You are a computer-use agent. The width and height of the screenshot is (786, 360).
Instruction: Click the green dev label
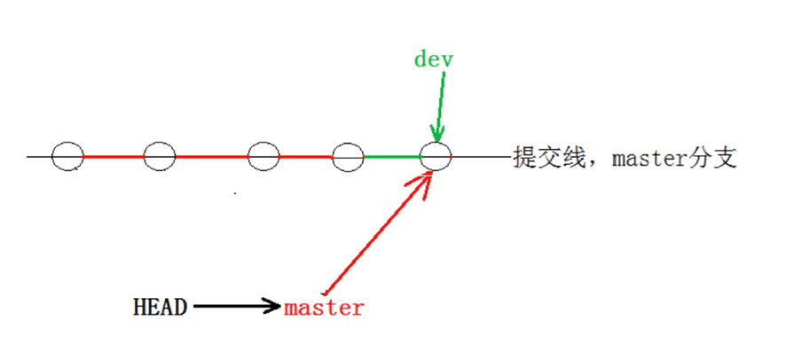[433, 59]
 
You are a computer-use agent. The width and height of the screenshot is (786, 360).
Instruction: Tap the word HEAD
[160, 308]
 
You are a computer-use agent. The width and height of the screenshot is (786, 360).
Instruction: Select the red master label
[324, 309]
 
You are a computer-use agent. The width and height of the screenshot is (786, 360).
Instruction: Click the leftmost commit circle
[67, 157]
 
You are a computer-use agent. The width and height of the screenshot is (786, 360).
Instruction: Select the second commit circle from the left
[160, 157]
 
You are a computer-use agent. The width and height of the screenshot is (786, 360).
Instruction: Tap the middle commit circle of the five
[263, 157]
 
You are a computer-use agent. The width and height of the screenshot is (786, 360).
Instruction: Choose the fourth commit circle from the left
[348, 157]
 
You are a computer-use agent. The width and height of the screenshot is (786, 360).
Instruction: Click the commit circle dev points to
[436, 157]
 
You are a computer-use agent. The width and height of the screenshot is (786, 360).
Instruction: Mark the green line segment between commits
[391, 157]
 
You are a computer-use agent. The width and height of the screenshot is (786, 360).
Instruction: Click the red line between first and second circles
[114, 157]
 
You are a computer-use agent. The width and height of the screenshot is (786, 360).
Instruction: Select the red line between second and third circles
[211, 157]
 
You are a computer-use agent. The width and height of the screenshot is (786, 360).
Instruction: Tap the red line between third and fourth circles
[306, 157]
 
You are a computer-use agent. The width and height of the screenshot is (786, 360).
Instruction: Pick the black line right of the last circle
[479, 157]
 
